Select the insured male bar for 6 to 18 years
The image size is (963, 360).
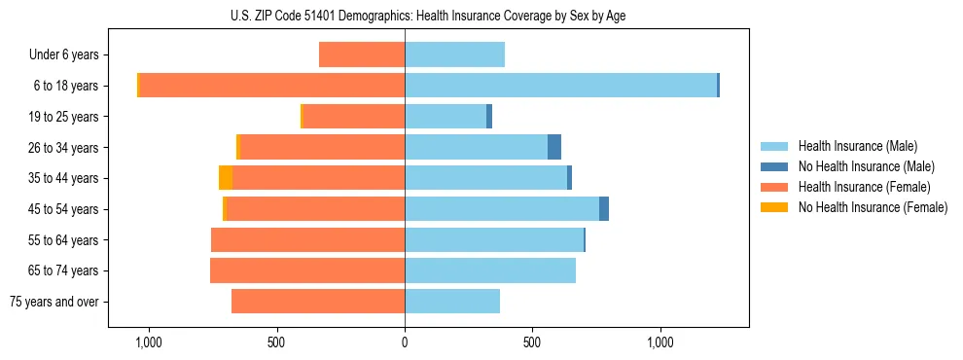560,86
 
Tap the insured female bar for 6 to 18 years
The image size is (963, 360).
272,86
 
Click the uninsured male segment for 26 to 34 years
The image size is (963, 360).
554,147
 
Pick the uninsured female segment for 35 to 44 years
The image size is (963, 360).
226,178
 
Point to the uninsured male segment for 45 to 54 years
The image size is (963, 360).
604,209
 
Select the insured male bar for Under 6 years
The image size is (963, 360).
454,55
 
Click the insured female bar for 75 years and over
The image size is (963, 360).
318,302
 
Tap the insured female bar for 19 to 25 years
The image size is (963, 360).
354,117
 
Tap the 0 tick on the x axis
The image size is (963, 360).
405,342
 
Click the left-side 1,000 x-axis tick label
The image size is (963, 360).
149,342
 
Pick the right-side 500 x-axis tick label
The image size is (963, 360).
532,342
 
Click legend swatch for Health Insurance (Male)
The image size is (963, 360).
775,146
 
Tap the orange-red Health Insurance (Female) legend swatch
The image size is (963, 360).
775,187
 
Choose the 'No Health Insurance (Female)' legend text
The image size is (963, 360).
873,207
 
